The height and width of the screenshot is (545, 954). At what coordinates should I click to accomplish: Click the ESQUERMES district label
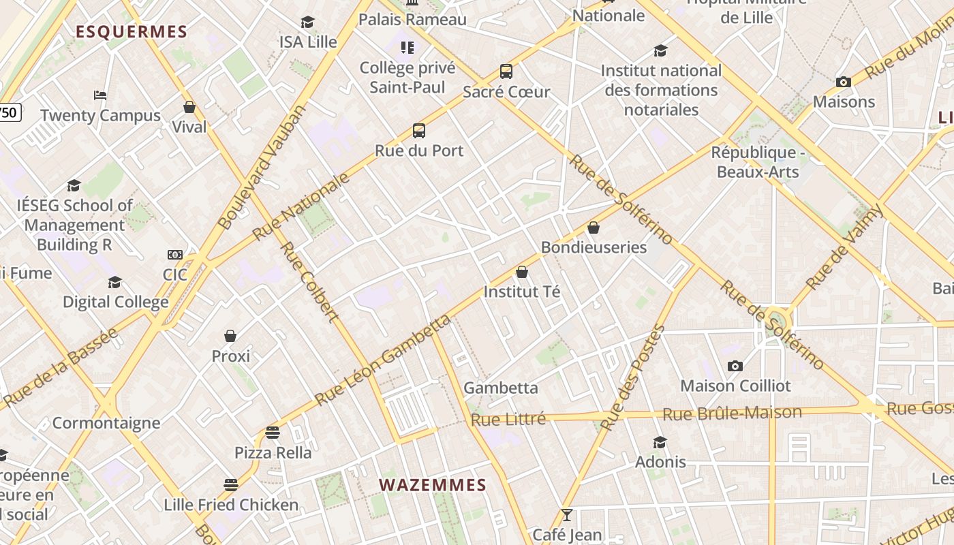click(x=131, y=31)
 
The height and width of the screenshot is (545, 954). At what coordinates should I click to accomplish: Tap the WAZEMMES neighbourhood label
click(x=433, y=485)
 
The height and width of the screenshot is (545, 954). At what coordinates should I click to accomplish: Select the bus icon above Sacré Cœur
click(x=506, y=71)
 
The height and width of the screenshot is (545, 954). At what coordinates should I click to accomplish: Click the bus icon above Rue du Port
click(x=419, y=130)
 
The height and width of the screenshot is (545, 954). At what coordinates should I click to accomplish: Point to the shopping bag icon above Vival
click(x=189, y=107)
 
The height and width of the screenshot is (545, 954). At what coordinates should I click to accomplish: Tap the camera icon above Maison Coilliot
click(x=735, y=366)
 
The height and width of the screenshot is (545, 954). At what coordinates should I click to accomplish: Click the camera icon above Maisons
click(x=844, y=82)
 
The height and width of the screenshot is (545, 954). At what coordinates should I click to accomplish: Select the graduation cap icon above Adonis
click(x=660, y=442)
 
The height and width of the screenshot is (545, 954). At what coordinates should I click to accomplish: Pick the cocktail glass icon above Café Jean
click(x=566, y=515)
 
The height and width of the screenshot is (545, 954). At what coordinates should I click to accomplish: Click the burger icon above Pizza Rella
click(x=273, y=432)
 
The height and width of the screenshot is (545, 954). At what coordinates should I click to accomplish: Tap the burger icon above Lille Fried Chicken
click(x=231, y=485)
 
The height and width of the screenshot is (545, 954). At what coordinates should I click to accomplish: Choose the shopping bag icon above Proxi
click(x=230, y=336)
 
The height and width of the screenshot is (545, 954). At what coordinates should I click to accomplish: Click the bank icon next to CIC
click(x=175, y=255)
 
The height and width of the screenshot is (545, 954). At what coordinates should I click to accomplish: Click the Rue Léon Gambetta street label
click(x=383, y=360)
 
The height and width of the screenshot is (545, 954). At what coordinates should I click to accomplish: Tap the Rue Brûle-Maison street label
click(x=733, y=413)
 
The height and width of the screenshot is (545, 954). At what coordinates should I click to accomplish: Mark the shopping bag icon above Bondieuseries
click(x=594, y=228)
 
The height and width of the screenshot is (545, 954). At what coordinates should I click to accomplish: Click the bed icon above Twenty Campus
click(x=100, y=95)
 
